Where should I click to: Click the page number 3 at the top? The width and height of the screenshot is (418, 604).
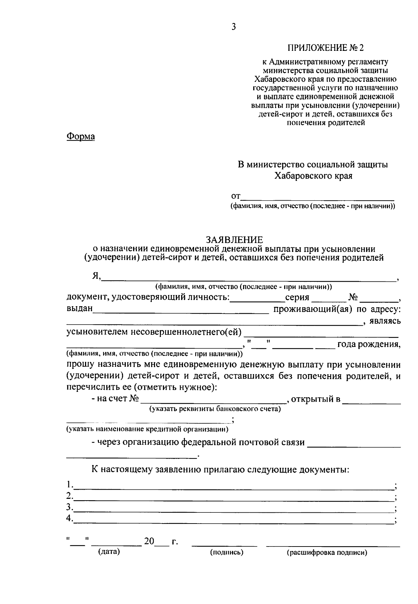(x=233, y=27)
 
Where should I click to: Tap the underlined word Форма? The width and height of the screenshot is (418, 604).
(x=80, y=136)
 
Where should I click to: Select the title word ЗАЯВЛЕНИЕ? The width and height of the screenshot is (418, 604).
(x=234, y=240)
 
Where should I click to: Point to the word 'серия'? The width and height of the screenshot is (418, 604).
(x=297, y=297)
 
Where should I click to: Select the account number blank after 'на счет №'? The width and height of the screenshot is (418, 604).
(x=213, y=402)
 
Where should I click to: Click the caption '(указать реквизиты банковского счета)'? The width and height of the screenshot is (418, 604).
(x=215, y=409)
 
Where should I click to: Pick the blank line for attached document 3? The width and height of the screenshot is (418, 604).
(x=233, y=510)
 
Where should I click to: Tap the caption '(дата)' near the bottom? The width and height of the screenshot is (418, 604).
(x=109, y=552)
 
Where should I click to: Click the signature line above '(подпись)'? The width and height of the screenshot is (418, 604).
(x=225, y=545)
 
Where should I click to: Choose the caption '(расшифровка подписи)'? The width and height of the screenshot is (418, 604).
(x=327, y=552)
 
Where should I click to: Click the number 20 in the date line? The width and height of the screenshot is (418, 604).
(x=149, y=541)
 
